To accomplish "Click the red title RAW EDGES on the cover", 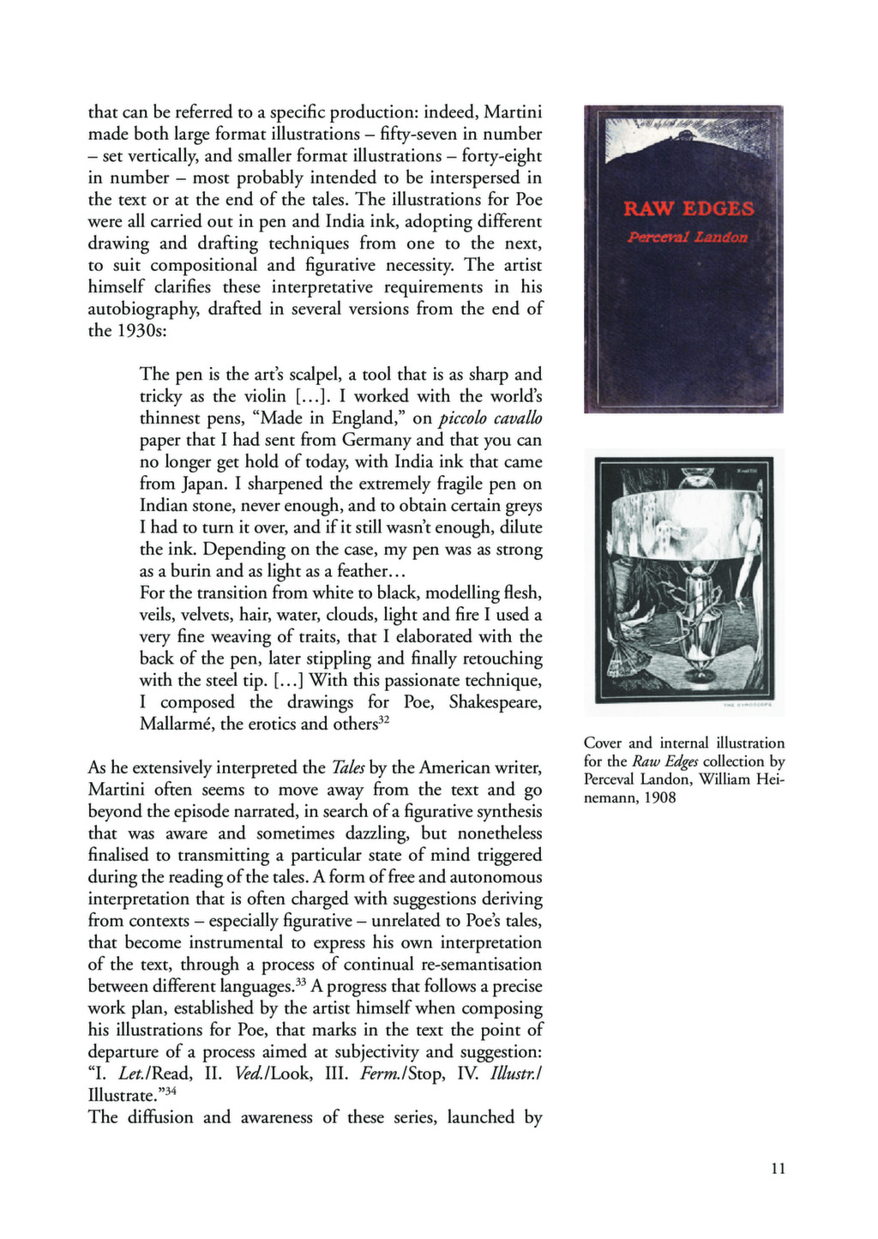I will tap(689, 208).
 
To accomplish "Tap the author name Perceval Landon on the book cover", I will tap(688, 237).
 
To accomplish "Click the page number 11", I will tap(778, 1168).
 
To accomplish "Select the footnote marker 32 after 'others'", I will tap(384, 719).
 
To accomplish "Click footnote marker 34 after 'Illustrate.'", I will tap(171, 1091).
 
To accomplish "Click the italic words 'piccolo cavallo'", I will tap(490, 418).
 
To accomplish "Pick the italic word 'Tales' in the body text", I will tap(348, 767).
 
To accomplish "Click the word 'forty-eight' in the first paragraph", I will tap(502, 156).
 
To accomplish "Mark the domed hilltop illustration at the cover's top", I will tap(683, 138).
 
